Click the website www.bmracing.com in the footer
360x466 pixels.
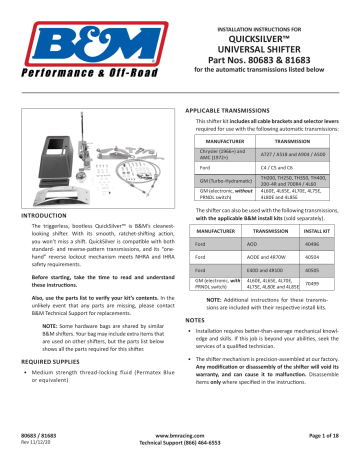point(180,438)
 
